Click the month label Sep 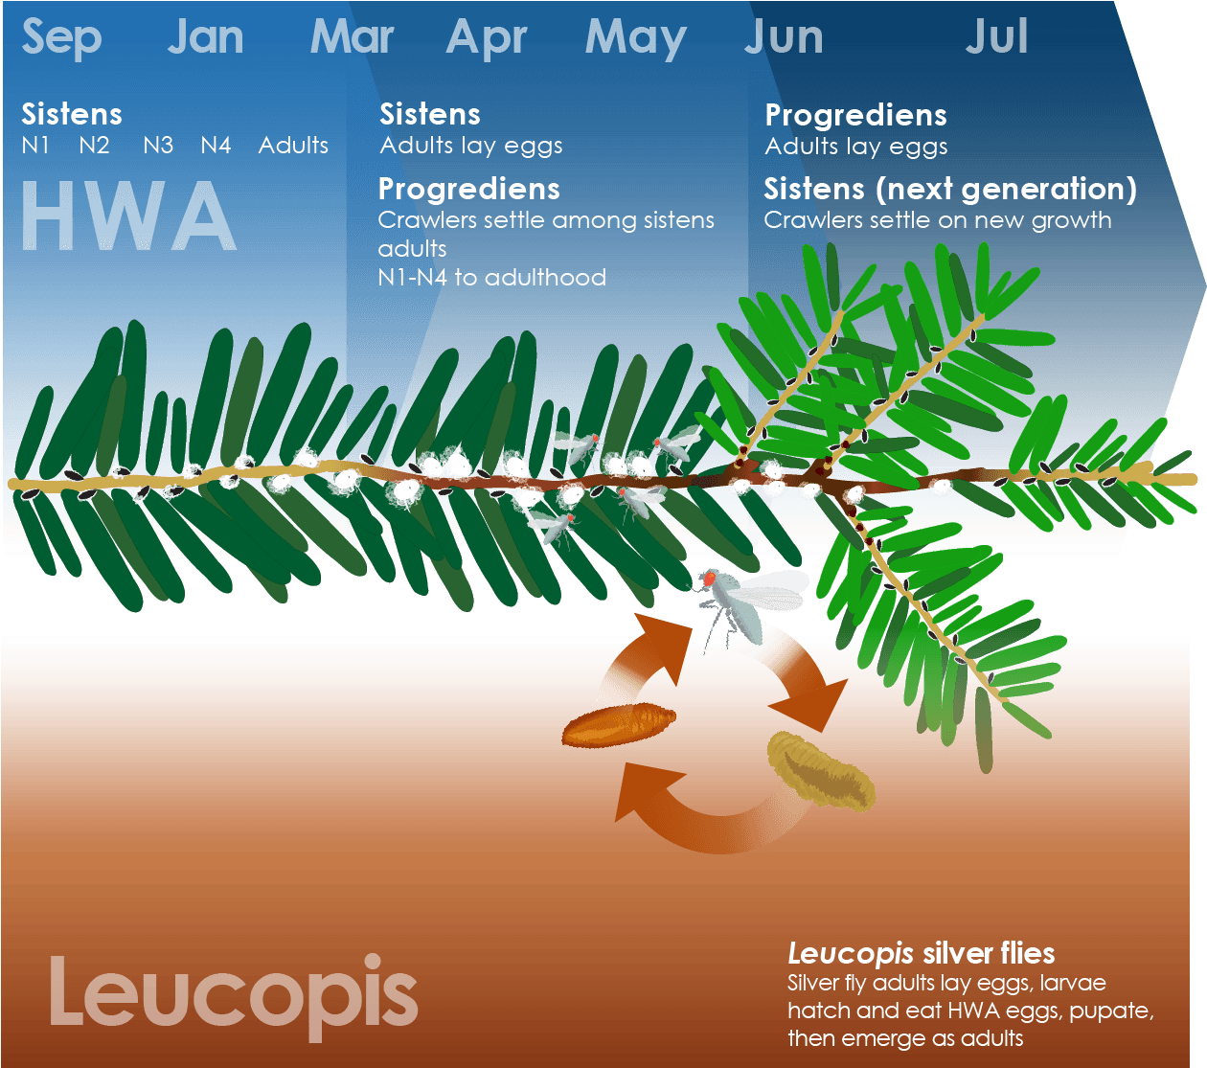62,38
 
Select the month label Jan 206,36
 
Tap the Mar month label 353,36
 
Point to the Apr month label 486,38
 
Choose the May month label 636,38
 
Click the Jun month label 784,36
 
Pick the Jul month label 996,36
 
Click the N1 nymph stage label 35,145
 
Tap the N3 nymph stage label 158,145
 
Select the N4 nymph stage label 216,145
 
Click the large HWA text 129,215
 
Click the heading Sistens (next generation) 950,190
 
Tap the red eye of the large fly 710,578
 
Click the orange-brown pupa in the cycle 619,724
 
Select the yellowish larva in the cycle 821,771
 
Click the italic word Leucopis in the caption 850,954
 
